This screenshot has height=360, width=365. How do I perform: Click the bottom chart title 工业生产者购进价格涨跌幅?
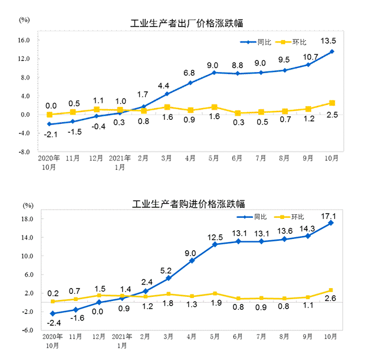pos(188,204)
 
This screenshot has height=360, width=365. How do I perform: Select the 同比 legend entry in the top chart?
pos(258,42)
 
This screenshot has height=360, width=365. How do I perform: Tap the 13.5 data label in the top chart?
pos(328,41)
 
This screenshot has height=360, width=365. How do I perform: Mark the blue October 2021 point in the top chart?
pos(332,51)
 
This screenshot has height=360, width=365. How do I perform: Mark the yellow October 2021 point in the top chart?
pos(332,103)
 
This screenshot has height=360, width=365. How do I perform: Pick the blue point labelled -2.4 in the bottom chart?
pos(52,313)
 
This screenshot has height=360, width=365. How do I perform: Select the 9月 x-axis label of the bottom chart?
pos(308,337)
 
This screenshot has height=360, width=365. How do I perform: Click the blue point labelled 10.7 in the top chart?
pos(308,65)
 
